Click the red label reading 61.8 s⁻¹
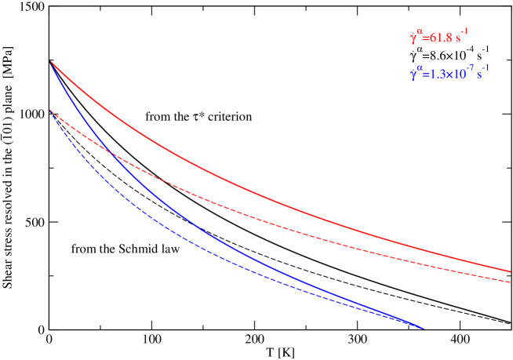click(439, 37)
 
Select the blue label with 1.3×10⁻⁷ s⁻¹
click(449, 75)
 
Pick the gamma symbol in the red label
click(413, 38)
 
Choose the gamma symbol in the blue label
click(413, 76)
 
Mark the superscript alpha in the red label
click(420, 32)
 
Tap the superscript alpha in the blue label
click(420, 70)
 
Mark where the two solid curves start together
click(51, 61)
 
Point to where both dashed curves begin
click(51, 111)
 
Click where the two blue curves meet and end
click(424, 328)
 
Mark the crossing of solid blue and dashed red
click(112, 153)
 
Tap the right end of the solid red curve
click(510, 271)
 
